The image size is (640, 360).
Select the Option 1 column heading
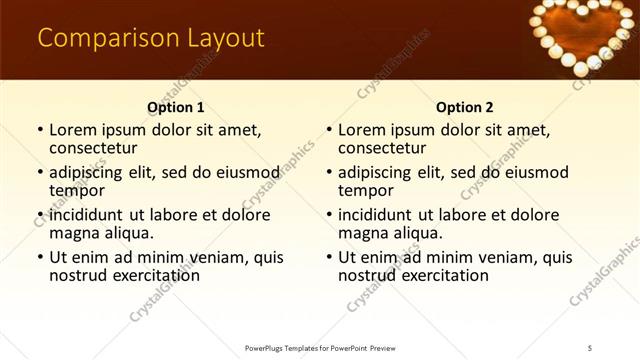pyautogui.click(x=176, y=107)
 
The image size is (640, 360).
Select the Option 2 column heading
pyautogui.click(x=464, y=107)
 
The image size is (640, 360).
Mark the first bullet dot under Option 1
pyautogui.click(x=39, y=131)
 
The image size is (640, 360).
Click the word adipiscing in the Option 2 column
pyautogui.click(x=381, y=172)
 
